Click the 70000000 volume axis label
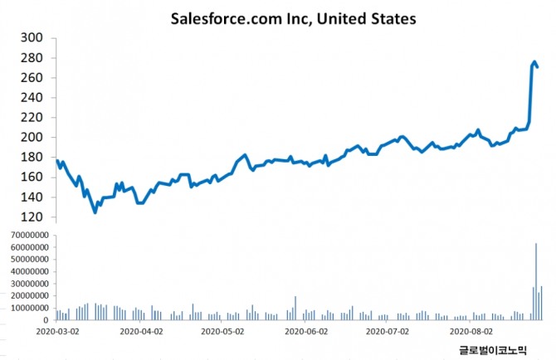click(27, 236)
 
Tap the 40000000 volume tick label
click(27, 272)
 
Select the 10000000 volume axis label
click(27, 308)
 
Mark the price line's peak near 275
click(535, 61)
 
